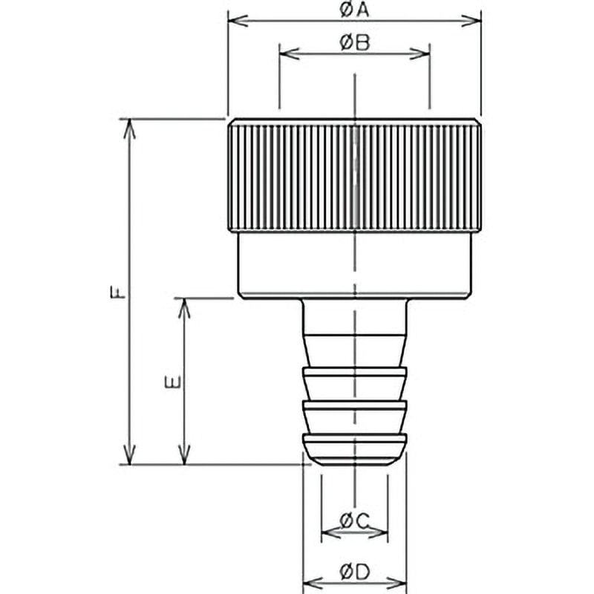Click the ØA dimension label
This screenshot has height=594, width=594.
click(x=354, y=10)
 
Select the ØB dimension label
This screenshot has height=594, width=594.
click(x=354, y=42)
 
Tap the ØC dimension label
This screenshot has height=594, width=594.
click(x=354, y=521)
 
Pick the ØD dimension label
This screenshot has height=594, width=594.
click(x=354, y=572)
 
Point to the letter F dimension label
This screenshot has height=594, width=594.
click(x=117, y=292)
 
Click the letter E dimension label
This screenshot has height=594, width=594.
click(x=173, y=382)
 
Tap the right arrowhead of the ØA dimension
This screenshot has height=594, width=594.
click(x=471, y=21)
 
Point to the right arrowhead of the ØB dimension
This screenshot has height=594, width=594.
click(x=420, y=53)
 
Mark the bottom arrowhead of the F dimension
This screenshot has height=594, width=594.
click(x=130, y=454)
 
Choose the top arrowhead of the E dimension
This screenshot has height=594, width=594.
click(x=184, y=308)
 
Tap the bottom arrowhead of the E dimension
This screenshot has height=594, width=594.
click(x=184, y=454)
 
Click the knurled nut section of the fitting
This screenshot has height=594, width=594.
click(x=355, y=175)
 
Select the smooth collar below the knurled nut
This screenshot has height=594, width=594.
click(x=355, y=266)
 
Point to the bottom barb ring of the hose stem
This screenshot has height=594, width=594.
click(x=355, y=449)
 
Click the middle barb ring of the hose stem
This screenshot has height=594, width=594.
click(x=355, y=417)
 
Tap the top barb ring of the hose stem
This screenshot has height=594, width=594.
click(x=355, y=383)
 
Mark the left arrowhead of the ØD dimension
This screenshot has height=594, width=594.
click(x=313, y=583)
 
